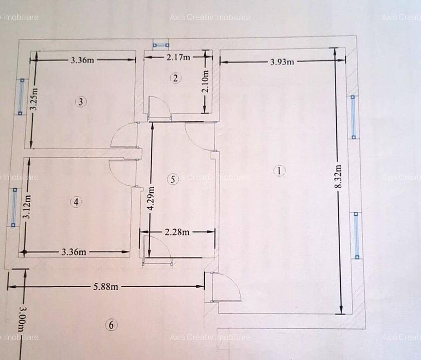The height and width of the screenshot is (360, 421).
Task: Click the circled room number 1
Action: point(279,171)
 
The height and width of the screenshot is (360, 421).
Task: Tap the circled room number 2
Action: point(176,78)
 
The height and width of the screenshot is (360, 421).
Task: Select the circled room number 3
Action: point(81,102)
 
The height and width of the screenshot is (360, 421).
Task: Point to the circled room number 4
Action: point(76,202)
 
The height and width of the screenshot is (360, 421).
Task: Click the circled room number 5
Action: point(173,179)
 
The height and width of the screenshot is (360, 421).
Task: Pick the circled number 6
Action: point(111,325)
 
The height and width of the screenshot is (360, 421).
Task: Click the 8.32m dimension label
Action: point(339,176)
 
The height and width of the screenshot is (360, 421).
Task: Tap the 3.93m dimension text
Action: point(282,62)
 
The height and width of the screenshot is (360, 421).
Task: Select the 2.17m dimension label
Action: point(178,57)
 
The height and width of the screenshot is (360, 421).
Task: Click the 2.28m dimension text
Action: point(177,232)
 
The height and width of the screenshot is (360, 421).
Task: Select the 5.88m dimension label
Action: point(106,286)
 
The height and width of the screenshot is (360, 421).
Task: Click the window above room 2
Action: point(161,45)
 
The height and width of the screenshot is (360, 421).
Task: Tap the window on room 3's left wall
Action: point(21,96)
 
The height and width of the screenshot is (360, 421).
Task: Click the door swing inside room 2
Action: point(159,108)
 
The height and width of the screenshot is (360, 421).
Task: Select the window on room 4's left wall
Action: point(14,207)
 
